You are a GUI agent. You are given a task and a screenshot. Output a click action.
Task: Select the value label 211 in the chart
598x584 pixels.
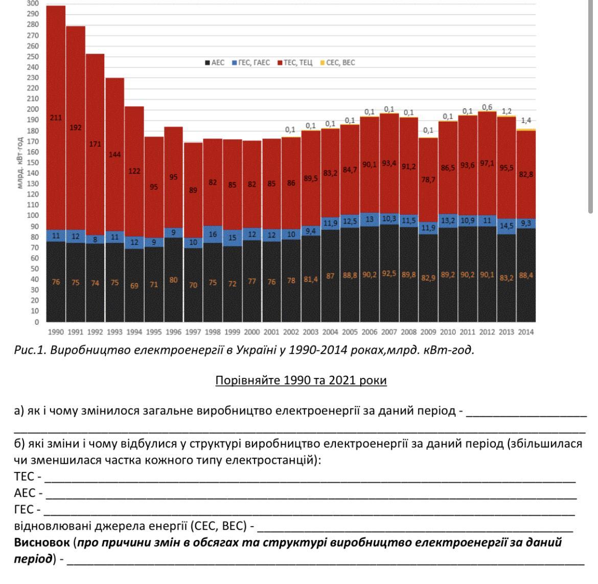pos(56,118)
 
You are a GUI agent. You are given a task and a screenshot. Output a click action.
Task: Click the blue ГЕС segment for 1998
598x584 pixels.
pos(213,234)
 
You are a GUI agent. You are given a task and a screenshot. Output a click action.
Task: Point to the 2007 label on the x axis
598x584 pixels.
pos(388,332)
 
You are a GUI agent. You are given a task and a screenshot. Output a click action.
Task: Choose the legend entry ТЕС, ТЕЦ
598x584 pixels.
pos(294,63)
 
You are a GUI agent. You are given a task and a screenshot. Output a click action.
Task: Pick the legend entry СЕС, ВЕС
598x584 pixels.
pos(337,63)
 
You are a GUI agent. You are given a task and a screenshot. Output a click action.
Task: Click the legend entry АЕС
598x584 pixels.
pos(215,63)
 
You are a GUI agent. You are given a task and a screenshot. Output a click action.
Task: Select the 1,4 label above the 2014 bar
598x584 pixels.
pos(526,121)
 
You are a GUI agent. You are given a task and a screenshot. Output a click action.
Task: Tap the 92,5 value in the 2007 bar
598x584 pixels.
pos(388,274)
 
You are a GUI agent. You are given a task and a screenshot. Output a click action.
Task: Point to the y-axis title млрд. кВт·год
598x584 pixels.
pos(20,163)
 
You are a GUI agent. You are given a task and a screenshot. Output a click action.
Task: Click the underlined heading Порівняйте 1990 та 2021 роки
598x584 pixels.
pos(301,381)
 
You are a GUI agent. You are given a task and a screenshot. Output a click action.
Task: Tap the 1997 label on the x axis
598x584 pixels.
pos(193,332)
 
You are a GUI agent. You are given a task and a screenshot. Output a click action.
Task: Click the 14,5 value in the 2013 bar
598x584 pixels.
pos(506,226)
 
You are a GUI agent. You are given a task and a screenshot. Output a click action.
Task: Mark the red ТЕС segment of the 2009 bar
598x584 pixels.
pos(428,164)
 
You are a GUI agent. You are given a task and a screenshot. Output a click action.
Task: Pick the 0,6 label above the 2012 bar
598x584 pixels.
pos(487,107)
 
